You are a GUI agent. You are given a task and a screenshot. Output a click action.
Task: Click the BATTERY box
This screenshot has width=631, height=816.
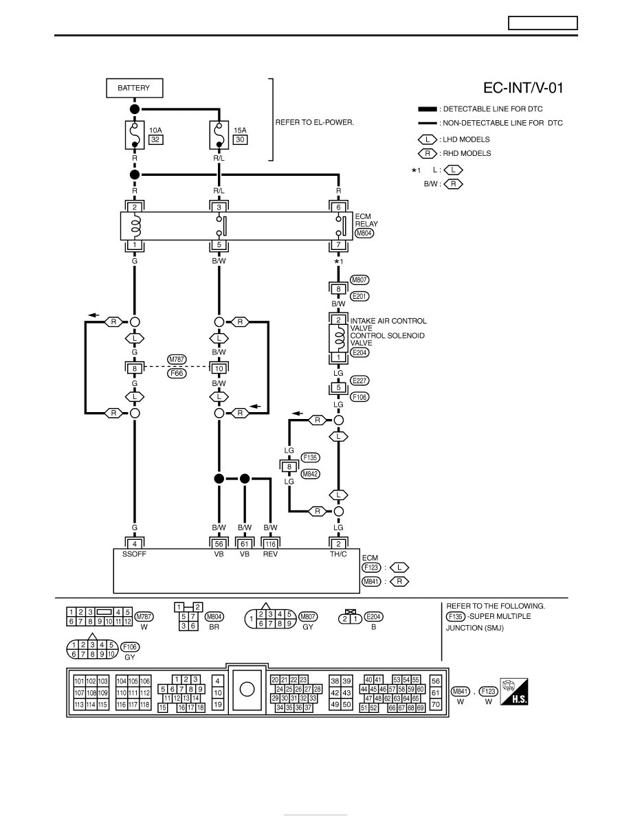coord(134,88)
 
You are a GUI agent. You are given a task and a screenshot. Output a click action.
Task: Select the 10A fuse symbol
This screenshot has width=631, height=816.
coord(134,135)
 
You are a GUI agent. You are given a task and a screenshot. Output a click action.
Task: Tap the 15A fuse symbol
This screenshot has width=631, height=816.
coord(219,135)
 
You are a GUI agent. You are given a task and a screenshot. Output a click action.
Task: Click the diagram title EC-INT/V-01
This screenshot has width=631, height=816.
coord(523,87)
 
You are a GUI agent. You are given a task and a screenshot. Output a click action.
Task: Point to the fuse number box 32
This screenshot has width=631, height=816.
coord(155,139)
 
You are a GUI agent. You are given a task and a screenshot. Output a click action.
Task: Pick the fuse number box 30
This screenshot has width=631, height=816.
coord(240,139)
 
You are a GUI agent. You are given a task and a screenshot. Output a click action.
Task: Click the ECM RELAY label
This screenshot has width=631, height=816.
coord(366,220)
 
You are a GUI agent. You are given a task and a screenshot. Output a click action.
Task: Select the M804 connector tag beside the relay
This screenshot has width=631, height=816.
coord(364,233)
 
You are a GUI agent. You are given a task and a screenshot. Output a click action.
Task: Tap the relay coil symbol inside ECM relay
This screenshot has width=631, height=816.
coord(135,226)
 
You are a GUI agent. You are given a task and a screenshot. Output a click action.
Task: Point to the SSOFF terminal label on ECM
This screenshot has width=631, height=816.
coord(134,554)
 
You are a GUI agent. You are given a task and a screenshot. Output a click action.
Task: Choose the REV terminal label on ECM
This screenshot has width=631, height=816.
coord(270,554)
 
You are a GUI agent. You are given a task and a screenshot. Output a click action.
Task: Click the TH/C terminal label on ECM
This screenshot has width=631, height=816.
coord(338,554)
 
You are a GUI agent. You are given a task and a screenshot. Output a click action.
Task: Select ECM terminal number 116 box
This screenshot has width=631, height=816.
coord(270,544)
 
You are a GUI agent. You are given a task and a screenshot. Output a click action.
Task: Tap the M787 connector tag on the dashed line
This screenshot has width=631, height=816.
coord(177,359)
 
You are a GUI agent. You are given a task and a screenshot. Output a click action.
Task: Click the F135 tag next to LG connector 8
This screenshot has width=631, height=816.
coord(310,457)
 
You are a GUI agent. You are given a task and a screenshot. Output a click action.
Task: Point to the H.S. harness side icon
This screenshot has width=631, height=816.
coord(514,692)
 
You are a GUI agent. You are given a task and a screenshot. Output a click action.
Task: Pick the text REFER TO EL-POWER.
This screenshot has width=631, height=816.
coord(314,122)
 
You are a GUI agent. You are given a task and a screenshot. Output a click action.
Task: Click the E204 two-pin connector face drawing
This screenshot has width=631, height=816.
coord(350,618)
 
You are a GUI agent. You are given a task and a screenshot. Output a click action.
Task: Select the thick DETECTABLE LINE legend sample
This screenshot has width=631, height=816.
coord(428,109)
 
